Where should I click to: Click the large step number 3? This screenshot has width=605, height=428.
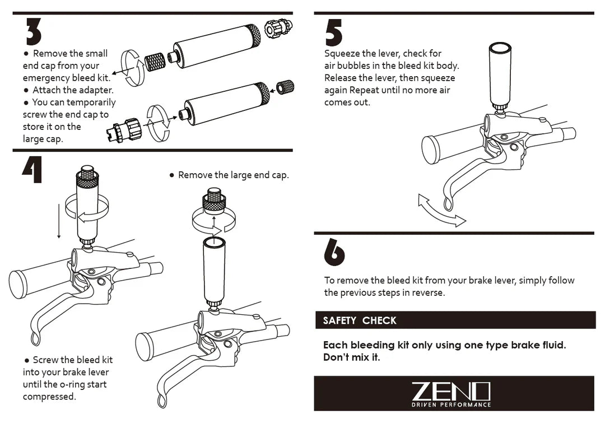(34, 31)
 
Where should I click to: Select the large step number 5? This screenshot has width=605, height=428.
(334, 33)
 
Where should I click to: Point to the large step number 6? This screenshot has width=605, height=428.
(334, 252)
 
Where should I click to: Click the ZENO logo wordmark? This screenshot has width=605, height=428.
(450, 392)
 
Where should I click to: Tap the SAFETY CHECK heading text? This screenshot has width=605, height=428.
(360, 320)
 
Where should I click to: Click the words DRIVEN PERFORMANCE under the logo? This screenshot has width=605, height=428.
(451, 405)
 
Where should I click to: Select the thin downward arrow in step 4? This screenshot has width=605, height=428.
(59, 221)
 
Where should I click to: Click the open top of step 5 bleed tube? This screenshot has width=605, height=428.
(500, 48)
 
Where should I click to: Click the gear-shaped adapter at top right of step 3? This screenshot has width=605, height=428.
(278, 28)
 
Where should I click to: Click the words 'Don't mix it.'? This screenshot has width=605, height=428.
(351, 357)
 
